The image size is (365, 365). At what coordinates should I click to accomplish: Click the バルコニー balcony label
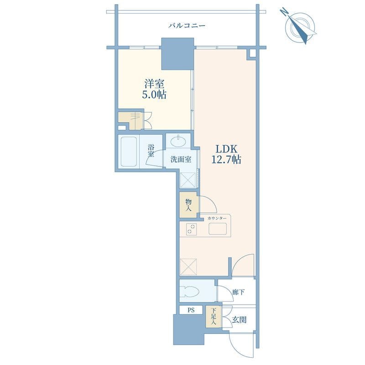tap(187, 25)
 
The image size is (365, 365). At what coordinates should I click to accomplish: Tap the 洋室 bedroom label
tap(154, 84)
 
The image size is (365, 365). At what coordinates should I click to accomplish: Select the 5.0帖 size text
tap(154, 95)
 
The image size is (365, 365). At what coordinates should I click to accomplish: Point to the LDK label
tap(226, 149)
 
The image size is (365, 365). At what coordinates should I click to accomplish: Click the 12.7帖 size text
tap(226, 160)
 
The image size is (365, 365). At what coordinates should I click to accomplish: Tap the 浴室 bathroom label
tap(151, 151)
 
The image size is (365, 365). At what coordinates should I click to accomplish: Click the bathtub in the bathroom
tap(129, 151)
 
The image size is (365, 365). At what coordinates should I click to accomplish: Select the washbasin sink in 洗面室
tap(178, 141)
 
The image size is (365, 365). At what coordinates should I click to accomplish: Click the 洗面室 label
tap(181, 159)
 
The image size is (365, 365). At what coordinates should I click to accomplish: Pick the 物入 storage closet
tap(188, 205)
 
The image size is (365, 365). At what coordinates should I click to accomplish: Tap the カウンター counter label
tap(217, 219)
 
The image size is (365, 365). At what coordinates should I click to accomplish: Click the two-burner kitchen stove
tap(191, 229)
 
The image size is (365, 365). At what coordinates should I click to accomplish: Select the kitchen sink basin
tap(218, 229)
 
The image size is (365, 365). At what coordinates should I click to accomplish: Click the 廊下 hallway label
tap(238, 292)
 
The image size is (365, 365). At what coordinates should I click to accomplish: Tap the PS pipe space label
tap(191, 310)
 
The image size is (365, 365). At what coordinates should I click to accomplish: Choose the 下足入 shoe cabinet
tap(214, 317)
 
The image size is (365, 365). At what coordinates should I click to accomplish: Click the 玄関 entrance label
tap(239, 320)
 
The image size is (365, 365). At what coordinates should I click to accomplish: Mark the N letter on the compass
tap(284, 11)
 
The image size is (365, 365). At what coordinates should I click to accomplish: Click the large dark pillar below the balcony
tap(178, 54)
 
